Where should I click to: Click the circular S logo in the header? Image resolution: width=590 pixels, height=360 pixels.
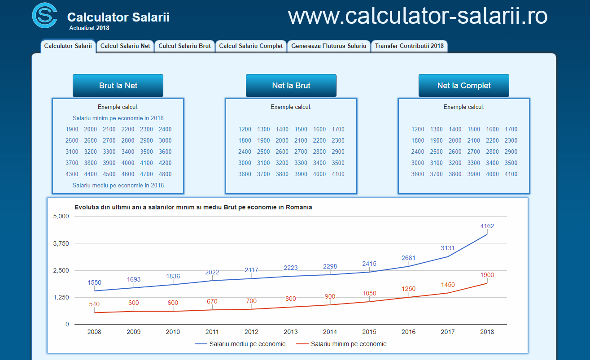(x=45, y=16)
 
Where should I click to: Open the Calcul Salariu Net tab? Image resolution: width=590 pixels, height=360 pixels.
(x=125, y=46)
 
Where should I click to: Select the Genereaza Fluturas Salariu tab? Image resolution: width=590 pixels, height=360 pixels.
(x=329, y=46)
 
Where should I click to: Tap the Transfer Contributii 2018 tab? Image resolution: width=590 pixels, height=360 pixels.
(x=409, y=46)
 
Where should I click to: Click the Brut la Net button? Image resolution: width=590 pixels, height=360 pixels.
(x=118, y=86)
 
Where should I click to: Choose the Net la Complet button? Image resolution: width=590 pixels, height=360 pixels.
(x=464, y=86)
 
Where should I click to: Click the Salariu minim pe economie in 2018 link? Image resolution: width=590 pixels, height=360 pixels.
(x=118, y=118)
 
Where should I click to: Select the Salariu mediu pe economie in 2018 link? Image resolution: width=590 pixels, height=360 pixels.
(x=118, y=186)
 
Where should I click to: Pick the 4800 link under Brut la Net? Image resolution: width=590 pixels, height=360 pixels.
(x=165, y=174)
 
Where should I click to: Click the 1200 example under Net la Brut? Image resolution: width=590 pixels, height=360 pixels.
(x=245, y=130)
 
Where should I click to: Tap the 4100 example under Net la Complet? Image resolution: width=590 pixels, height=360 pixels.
(x=511, y=174)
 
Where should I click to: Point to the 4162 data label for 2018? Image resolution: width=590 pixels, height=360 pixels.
(x=487, y=226)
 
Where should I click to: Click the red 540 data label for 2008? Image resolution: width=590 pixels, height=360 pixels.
(x=94, y=304)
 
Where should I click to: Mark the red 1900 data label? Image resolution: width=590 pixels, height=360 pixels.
(x=487, y=275)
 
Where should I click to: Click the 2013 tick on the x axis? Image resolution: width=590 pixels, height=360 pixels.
(x=291, y=332)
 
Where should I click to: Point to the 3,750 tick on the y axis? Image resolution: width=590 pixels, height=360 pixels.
(x=61, y=243)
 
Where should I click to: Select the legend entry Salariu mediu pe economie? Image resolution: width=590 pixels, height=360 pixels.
(x=240, y=344)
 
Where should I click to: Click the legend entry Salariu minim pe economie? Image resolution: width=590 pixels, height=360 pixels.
(x=341, y=344)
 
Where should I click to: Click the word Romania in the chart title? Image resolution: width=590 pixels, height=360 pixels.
(x=299, y=208)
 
